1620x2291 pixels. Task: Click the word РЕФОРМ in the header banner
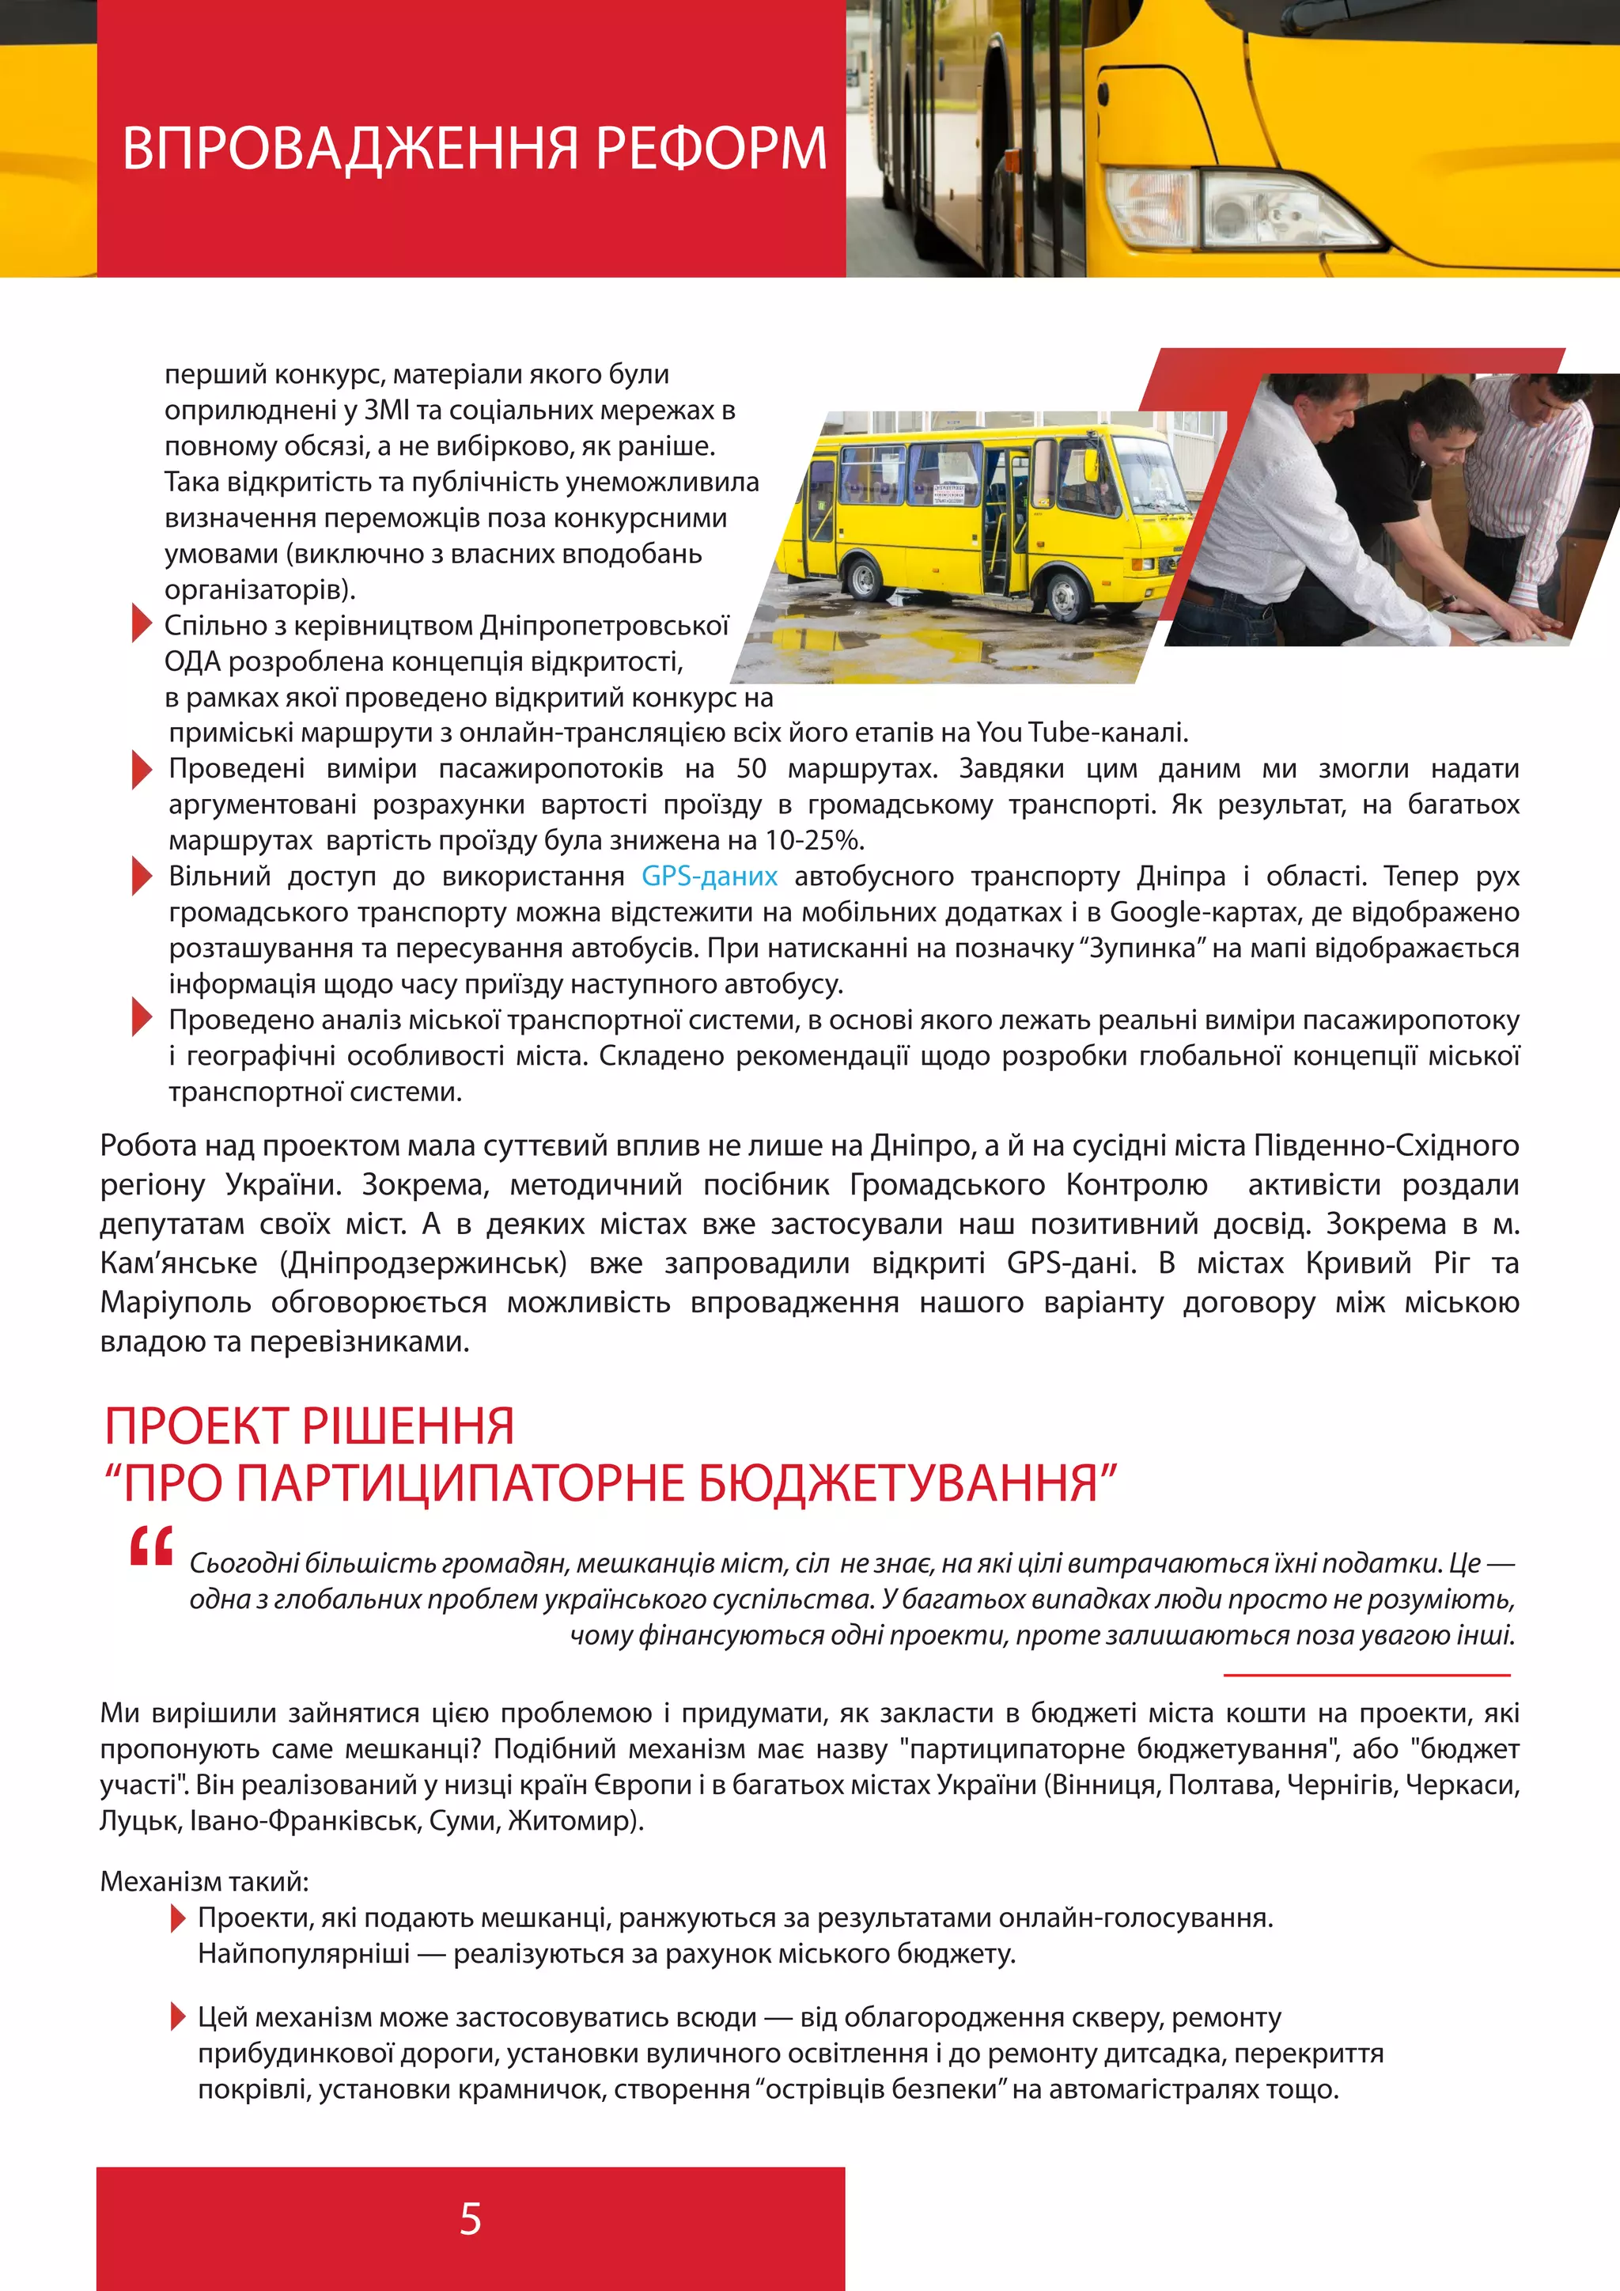click(x=710, y=149)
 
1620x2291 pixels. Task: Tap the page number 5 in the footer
click(x=470, y=2219)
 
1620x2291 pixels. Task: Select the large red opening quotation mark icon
click(x=152, y=1546)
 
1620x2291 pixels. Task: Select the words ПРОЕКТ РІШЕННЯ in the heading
click(x=309, y=1425)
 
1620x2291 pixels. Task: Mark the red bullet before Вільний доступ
click(x=141, y=876)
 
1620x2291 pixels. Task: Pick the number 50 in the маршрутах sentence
click(x=751, y=768)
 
